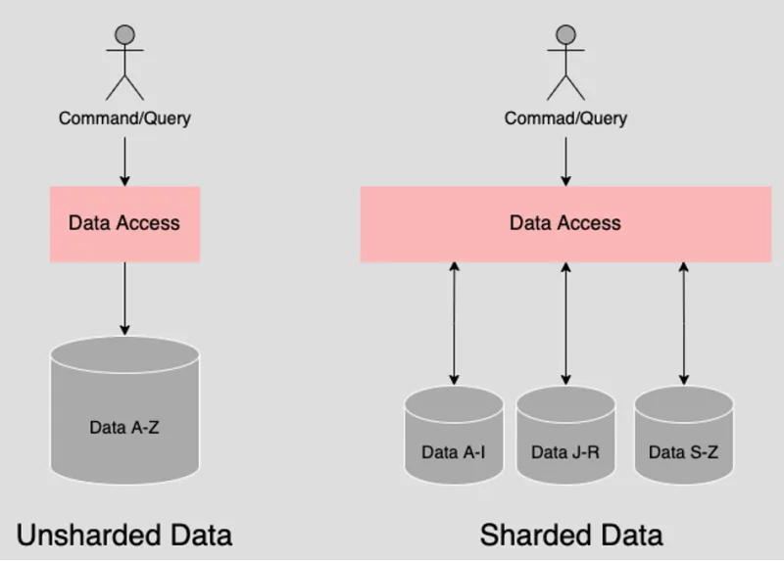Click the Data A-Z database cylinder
(x=124, y=427)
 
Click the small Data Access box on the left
(x=124, y=223)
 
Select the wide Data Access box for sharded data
(x=565, y=223)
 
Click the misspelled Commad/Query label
(x=565, y=118)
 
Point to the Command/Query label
(x=124, y=118)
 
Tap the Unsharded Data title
(x=124, y=535)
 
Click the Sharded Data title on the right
(x=571, y=535)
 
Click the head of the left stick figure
(x=124, y=34)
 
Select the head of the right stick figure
(x=565, y=34)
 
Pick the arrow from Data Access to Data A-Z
(x=124, y=299)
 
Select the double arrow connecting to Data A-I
(x=454, y=323)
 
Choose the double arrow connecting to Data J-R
(x=565, y=323)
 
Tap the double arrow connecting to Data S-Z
(x=683, y=323)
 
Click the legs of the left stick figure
(x=124, y=86)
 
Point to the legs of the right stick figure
(x=565, y=86)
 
